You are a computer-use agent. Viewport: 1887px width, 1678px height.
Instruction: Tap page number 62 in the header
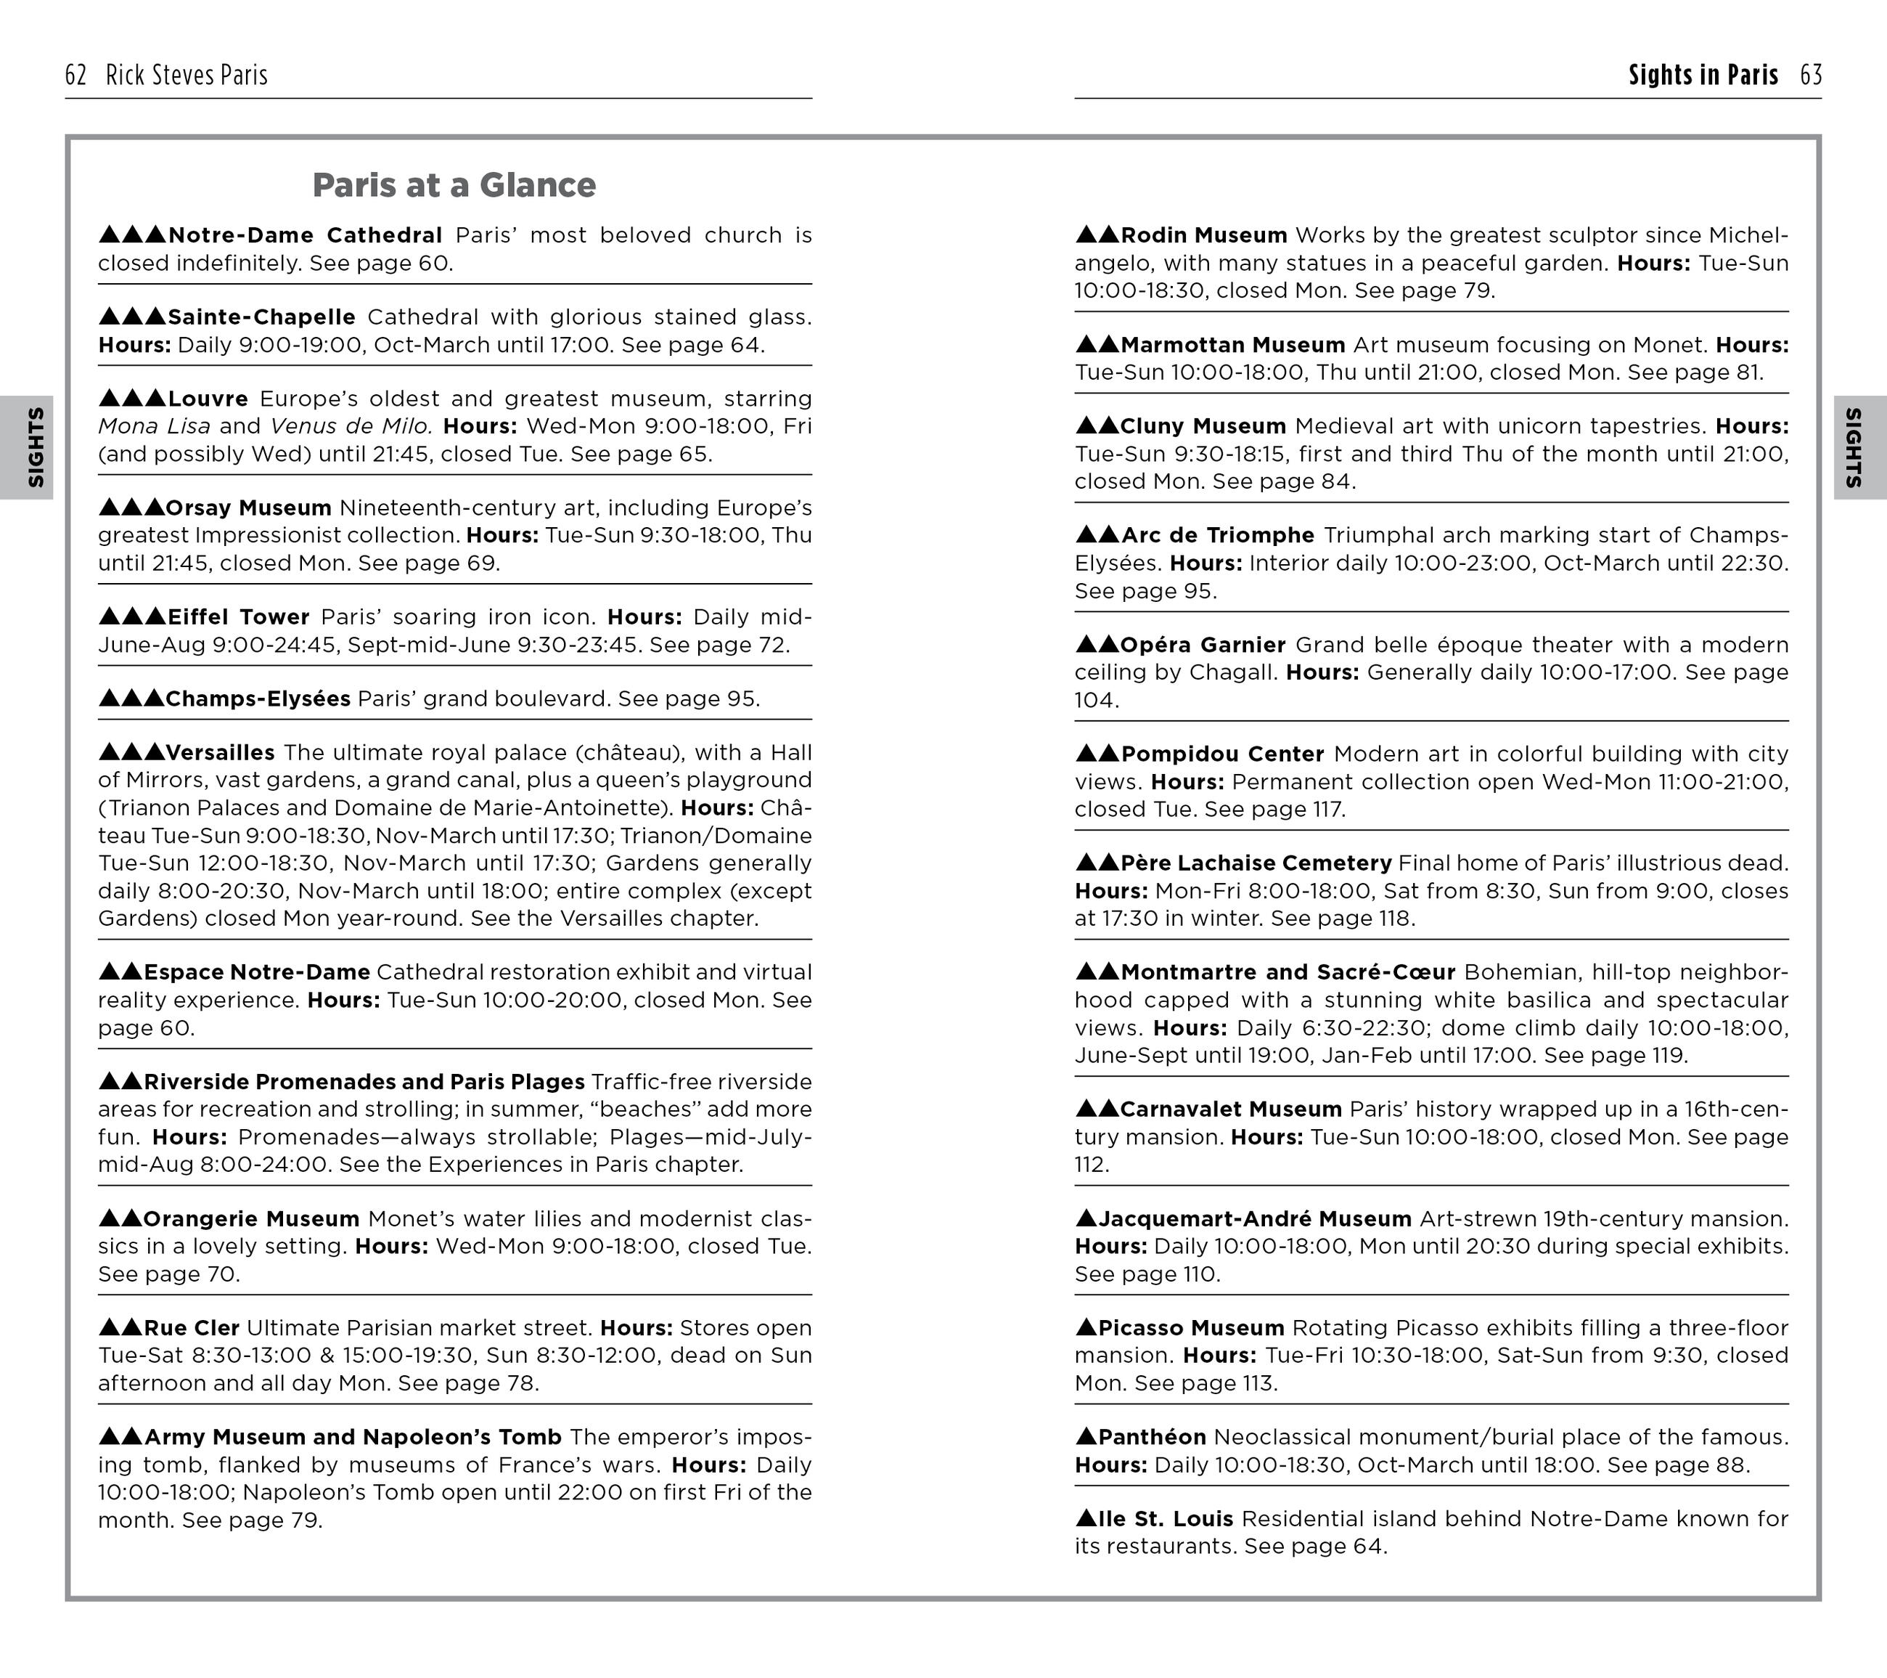click(x=75, y=75)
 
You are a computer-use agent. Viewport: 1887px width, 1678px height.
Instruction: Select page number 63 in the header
click(x=1810, y=75)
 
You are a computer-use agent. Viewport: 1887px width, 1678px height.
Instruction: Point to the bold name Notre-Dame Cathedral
click(x=305, y=235)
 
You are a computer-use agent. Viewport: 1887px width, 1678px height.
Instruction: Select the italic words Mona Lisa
click(x=154, y=427)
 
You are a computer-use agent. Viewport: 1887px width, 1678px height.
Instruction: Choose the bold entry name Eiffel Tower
click(x=238, y=617)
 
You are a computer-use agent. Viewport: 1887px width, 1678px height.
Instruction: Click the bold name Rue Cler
click(x=191, y=1328)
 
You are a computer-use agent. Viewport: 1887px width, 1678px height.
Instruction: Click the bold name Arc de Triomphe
click(x=1217, y=536)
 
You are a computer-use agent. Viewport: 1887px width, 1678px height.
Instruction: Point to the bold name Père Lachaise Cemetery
click(x=1256, y=863)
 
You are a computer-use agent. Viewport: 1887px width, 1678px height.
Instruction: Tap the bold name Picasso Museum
click(x=1191, y=1328)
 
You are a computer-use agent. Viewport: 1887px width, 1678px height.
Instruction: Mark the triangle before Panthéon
click(x=1086, y=1436)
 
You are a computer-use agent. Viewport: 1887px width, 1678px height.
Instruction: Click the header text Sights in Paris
click(x=1703, y=75)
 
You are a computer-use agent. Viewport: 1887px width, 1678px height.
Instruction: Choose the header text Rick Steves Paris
click(x=187, y=75)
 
